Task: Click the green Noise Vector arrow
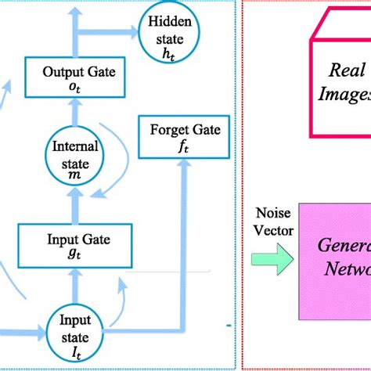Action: (x=268, y=259)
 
